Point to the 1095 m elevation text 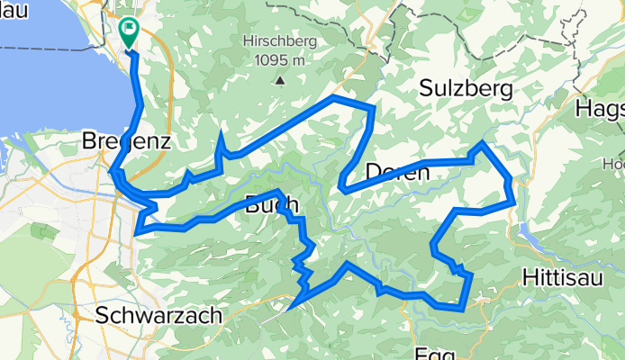(280, 59)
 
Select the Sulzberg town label (466, 88)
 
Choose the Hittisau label (566, 274)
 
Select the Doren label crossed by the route (397, 172)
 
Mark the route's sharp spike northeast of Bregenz (221, 133)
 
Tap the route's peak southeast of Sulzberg (483, 143)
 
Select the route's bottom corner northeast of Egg (462, 308)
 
